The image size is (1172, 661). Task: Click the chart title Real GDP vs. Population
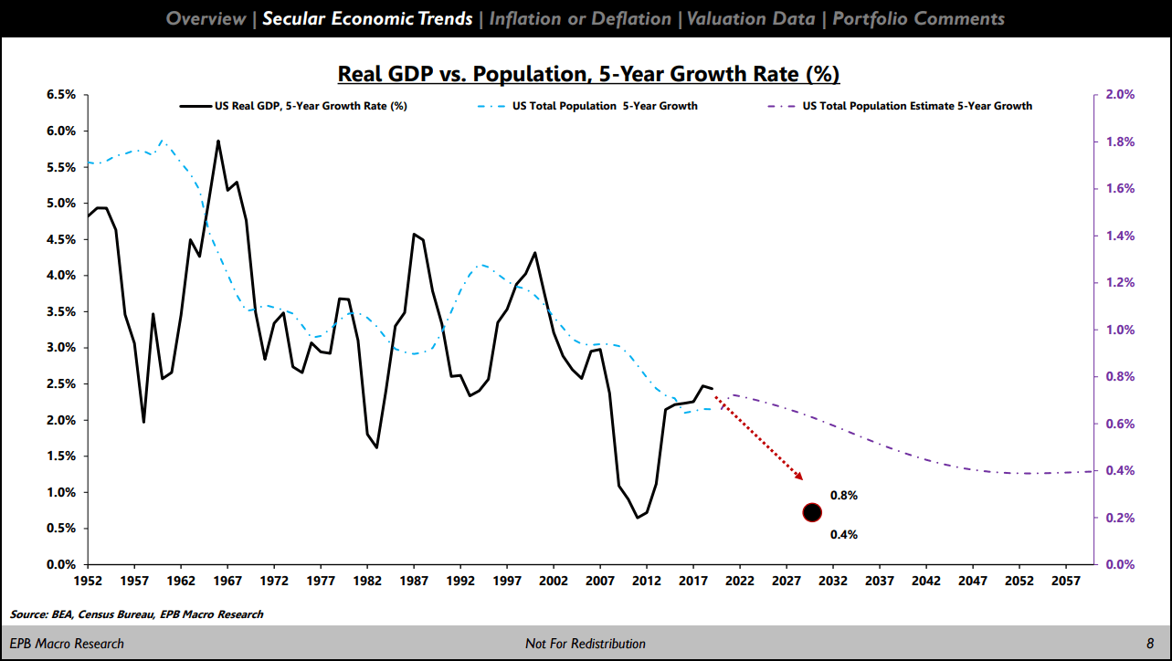[x=588, y=73]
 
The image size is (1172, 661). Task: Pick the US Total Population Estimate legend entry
[x=917, y=106]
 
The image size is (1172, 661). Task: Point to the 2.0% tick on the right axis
[x=1119, y=95]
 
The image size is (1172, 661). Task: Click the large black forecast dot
[x=812, y=512]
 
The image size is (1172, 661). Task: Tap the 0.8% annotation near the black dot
[x=843, y=496]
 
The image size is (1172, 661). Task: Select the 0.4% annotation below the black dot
[x=843, y=535]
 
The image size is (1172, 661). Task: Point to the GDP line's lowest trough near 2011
[x=638, y=518]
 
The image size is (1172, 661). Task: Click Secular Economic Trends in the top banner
[x=367, y=18]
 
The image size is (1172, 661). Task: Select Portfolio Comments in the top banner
[x=918, y=18]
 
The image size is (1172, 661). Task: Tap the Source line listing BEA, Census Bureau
[x=137, y=614]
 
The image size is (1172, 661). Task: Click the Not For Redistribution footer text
[x=586, y=644]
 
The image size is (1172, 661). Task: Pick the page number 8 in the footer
[x=1150, y=644]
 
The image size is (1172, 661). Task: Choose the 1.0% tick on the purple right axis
[x=1119, y=330]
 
